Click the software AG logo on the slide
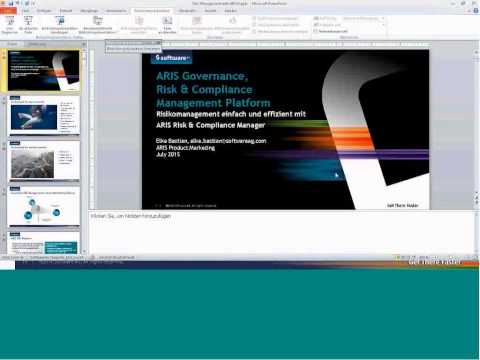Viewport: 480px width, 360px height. [173, 58]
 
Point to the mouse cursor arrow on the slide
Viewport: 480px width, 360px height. [336, 175]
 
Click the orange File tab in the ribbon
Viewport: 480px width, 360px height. [13, 11]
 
